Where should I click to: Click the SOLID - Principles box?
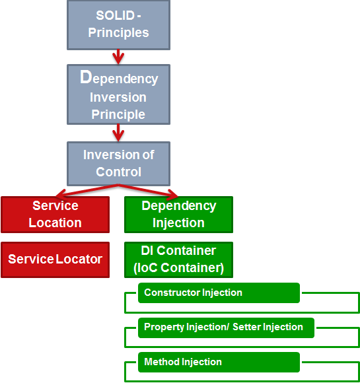point(119,25)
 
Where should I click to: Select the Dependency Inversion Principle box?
point(119,94)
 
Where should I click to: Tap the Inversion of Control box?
point(119,164)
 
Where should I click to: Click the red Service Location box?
point(55,215)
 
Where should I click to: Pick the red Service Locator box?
point(55,260)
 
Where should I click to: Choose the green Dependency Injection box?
point(178,215)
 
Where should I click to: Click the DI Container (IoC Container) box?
point(178,260)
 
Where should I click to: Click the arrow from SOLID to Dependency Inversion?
point(118,57)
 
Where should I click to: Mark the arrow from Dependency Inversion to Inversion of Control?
point(118,133)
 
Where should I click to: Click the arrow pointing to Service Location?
point(87,191)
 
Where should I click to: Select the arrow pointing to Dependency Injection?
point(148,191)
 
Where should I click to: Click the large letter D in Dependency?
point(86,77)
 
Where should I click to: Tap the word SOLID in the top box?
point(115,15)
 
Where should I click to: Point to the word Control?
point(119,172)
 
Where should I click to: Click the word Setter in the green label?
point(247,327)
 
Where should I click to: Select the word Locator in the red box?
point(79,259)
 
